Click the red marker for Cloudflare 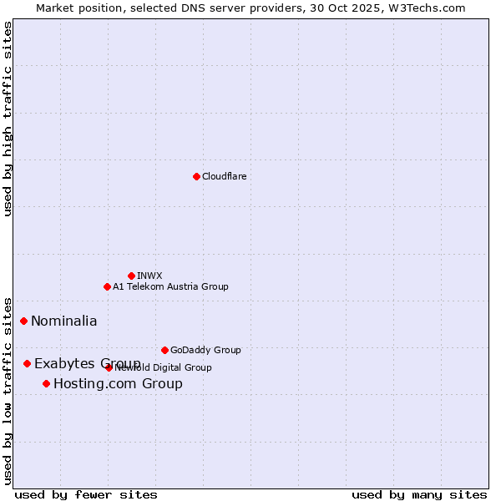(196, 176)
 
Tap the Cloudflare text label (224, 176)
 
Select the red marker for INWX (131, 276)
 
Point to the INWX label (149, 276)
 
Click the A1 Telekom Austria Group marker (107, 286)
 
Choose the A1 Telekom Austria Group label (170, 286)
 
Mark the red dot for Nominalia (23, 321)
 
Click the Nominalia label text (64, 321)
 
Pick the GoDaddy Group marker (164, 350)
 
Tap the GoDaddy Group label (205, 350)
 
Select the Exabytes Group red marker (27, 363)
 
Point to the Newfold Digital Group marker (109, 367)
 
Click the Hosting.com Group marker (46, 383)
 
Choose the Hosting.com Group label (118, 384)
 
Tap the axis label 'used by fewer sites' (86, 495)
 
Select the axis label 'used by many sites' (419, 495)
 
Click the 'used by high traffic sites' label (8, 119)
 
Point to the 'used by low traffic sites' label (8, 390)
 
